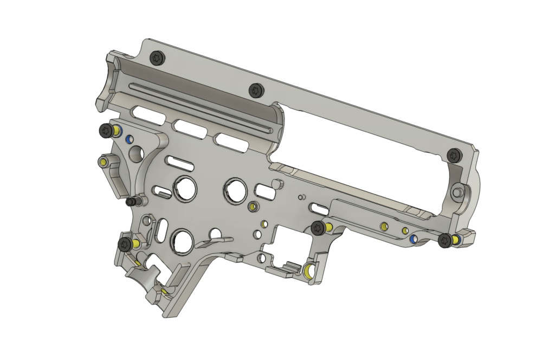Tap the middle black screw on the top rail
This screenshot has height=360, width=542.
[255, 90]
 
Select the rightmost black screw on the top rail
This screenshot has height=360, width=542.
[454, 156]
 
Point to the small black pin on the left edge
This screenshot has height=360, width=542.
[131, 202]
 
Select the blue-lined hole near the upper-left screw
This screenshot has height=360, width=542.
[129, 139]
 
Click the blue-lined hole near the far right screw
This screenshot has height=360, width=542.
[413, 239]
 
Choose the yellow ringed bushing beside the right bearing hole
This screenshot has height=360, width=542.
[252, 207]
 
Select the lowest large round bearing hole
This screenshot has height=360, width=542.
[182, 239]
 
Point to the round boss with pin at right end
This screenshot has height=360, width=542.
[459, 191]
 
